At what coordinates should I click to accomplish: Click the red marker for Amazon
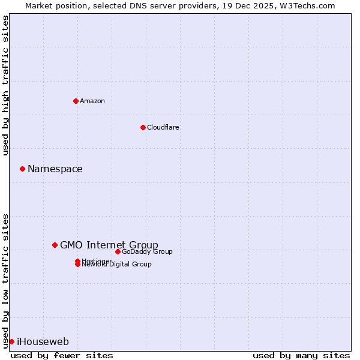pos(76,101)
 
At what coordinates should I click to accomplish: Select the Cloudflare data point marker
pos(143,127)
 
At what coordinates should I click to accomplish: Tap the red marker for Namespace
pos(22,169)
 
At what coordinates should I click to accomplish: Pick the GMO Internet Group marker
pos(55,245)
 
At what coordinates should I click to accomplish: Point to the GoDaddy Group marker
pos(118,251)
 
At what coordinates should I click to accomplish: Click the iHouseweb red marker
pos(11,341)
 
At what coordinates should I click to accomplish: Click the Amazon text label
pos(92,101)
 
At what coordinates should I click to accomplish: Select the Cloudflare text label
pos(163,127)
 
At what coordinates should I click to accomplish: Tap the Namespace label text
pos(55,169)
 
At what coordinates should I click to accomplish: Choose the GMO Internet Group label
pos(109,245)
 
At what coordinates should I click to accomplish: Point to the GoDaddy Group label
pos(147,251)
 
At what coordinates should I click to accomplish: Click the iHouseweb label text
pos(43,342)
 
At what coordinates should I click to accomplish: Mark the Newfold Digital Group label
pos(117,265)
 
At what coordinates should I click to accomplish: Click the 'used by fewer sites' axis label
pos(62,355)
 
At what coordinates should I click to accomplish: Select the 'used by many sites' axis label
pos(301,355)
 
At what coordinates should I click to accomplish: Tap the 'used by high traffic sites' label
pos(5,85)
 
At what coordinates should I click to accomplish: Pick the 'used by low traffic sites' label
pos(5,281)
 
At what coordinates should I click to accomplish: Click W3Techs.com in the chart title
pos(310,5)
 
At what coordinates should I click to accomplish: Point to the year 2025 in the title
pos(268,5)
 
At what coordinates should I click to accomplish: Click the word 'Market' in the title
pos(38,5)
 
